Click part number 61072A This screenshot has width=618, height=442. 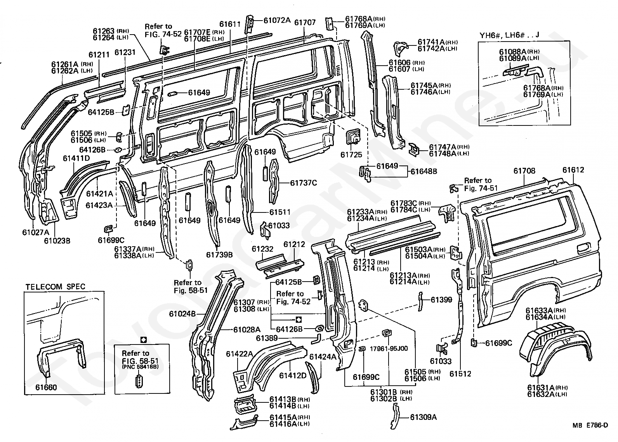pyautogui.click(x=277, y=20)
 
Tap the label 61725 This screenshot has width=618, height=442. pyautogui.click(x=351, y=155)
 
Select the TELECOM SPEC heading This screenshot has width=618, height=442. pyautogui.click(x=56, y=287)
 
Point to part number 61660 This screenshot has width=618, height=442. pyautogui.click(x=46, y=387)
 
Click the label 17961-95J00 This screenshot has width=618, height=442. pyautogui.click(x=389, y=348)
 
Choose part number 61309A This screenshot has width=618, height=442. pyautogui.click(x=424, y=417)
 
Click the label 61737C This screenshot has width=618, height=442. pyautogui.click(x=304, y=183)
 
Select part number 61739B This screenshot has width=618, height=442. pyautogui.click(x=220, y=254)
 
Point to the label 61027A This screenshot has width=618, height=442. pyautogui.click(x=36, y=232)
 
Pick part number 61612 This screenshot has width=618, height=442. pyautogui.click(x=573, y=170)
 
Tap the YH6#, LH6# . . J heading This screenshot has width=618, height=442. pyautogui.click(x=509, y=35)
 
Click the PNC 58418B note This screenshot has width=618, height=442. pyautogui.click(x=140, y=367)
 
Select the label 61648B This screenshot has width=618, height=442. pyautogui.click(x=424, y=171)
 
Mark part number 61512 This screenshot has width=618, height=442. pyautogui.click(x=460, y=374)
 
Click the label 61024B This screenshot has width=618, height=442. pyautogui.click(x=182, y=313)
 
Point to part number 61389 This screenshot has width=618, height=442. pyautogui.click(x=267, y=338)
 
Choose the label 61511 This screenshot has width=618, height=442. pyautogui.click(x=280, y=212)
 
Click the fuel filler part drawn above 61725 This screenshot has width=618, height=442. pyautogui.click(x=353, y=137)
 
